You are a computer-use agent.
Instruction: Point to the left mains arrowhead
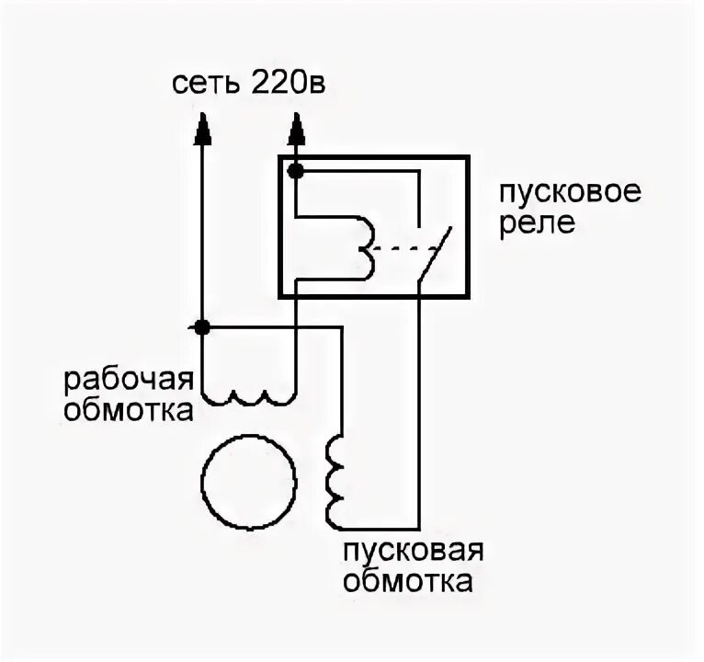pos(202,131)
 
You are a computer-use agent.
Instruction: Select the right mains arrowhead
pos(295,131)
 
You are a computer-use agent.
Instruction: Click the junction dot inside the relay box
pos(295,170)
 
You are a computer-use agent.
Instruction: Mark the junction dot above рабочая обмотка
pos(202,326)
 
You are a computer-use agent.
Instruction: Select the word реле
pos(538,224)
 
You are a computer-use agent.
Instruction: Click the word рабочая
pos(128,379)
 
